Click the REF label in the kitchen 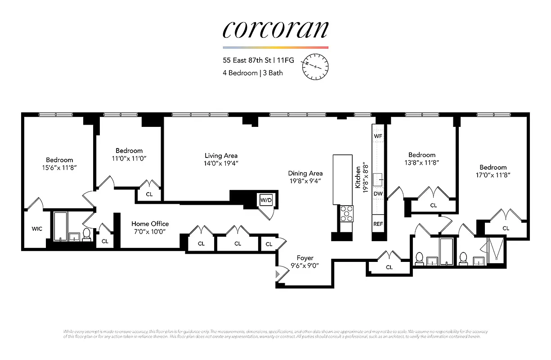point(378,224)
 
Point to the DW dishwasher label point(378,194)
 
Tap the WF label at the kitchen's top point(378,135)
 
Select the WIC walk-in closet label point(37,229)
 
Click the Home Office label point(150,224)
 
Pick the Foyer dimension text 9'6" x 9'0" point(305,265)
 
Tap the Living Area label point(221,156)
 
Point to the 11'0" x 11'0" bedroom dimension point(129,158)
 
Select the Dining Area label point(305,173)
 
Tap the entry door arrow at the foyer point(277,273)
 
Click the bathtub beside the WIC point(60,226)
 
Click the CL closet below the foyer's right point(389,267)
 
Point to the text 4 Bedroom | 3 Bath point(252,73)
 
